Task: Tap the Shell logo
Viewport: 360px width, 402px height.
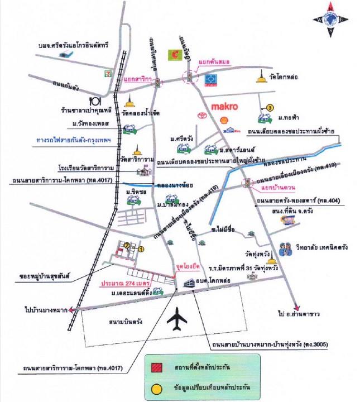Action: (225, 119)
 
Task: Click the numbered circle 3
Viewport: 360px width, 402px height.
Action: (270, 108)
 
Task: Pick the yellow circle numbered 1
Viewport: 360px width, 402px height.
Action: (141, 250)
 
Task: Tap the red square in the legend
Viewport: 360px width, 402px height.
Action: (157, 367)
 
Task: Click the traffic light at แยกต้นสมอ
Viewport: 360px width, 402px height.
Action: (190, 78)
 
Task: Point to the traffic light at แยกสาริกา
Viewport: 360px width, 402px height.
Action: (158, 83)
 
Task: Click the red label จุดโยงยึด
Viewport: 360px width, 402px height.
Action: (186, 267)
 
